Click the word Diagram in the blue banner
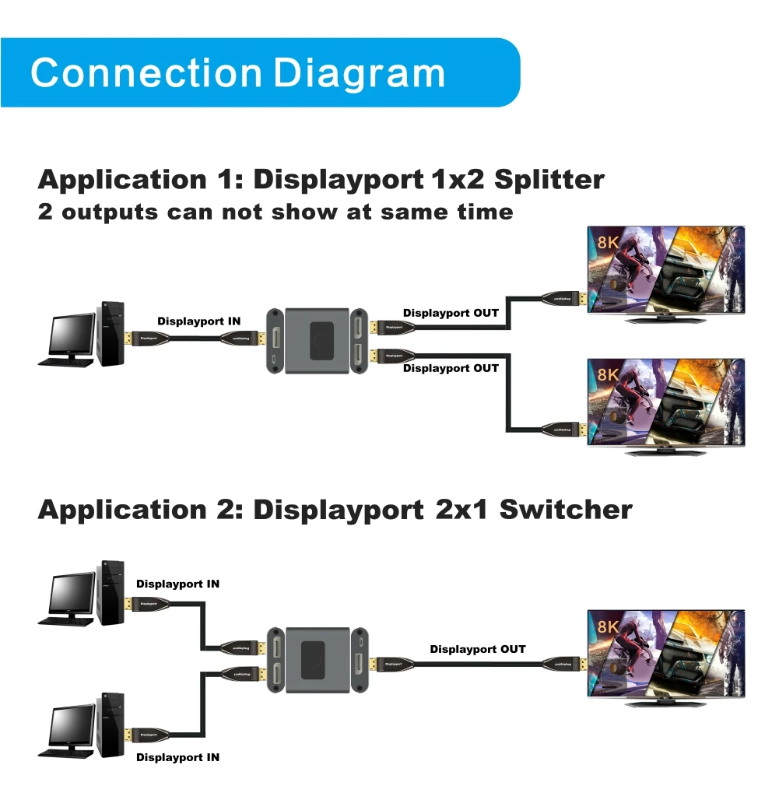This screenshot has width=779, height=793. point(360,73)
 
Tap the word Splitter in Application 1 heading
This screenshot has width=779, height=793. point(549,180)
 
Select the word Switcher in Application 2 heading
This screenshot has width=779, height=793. point(566,510)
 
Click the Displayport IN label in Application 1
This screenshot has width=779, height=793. point(199,321)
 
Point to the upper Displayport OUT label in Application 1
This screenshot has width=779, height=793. point(451,313)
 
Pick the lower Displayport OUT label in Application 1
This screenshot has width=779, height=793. point(451,368)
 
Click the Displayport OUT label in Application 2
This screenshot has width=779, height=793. point(478,649)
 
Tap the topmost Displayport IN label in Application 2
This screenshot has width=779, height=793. point(177,584)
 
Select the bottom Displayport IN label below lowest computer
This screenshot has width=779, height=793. point(177,757)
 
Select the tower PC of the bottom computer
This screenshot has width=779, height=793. point(111,724)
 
